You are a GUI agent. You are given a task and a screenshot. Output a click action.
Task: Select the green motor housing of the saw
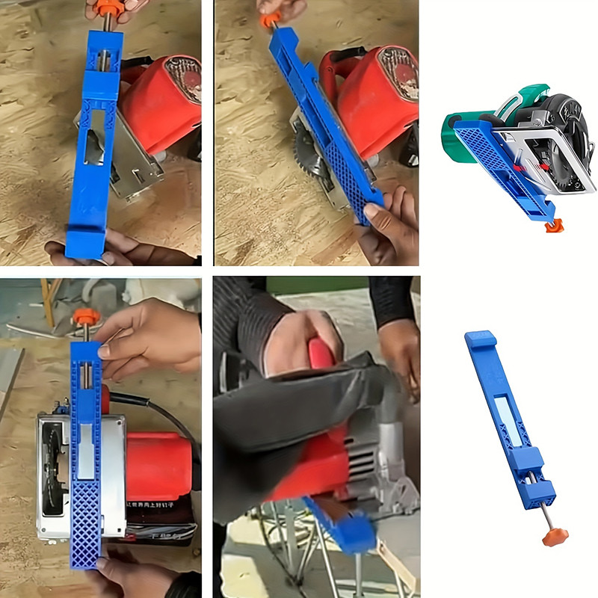pyautogui.click(x=457, y=135)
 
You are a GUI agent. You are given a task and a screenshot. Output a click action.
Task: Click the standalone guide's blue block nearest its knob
pyautogui.click(x=541, y=490)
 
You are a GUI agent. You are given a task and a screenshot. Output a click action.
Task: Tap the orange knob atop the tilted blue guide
pyautogui.click(x=268, y=20)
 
